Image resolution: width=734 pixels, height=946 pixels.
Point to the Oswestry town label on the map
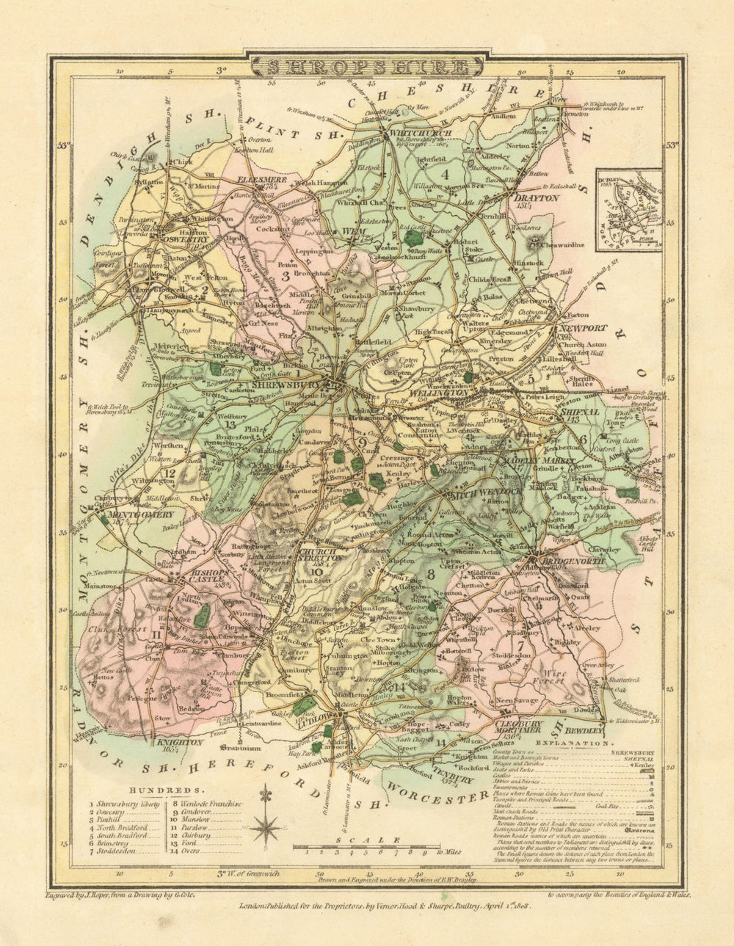(186, 239)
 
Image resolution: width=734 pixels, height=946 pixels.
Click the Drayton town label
(536, 197)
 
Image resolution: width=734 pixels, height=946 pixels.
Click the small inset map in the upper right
(629, 210)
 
